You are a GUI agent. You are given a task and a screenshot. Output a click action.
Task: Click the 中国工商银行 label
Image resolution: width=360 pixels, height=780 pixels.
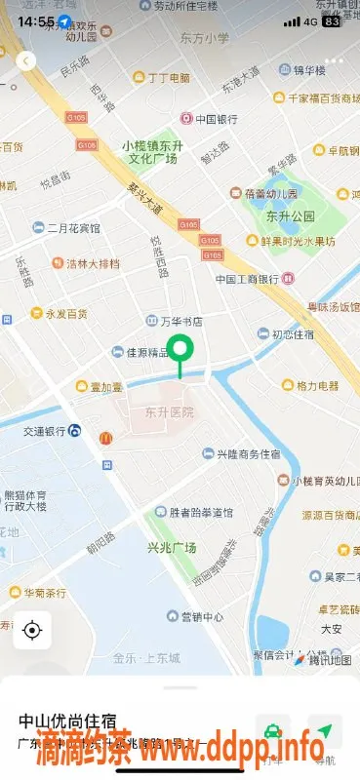coord(248,279)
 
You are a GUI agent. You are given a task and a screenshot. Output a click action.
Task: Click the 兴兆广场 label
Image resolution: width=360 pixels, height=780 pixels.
coord(167,548)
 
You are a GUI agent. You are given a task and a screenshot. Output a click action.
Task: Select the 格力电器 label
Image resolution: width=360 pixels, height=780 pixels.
coord(317,385)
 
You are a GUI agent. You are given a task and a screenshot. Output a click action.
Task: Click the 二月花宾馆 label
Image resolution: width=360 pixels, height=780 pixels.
coord(73,228)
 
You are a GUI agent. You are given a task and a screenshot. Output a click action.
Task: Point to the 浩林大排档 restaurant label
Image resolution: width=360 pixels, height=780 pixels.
coord(93,263)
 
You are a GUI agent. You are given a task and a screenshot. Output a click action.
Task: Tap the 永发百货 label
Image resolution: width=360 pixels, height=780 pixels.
coord(66,314)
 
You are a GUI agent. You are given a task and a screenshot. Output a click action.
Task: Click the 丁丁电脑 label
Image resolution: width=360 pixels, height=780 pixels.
coord(168,77)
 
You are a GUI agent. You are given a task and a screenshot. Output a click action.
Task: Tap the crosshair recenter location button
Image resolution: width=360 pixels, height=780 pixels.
coord(32,630)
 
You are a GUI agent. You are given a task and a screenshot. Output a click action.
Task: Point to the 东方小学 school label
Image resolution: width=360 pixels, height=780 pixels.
coord(205,38)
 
